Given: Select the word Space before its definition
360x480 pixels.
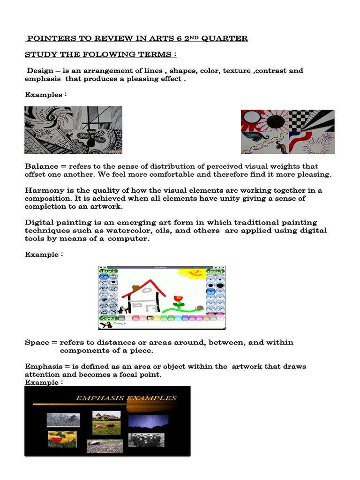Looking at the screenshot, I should point(37,343).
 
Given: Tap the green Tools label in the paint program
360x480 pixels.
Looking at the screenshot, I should point(108,271).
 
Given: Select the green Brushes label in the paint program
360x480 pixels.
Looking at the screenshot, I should point(216,271).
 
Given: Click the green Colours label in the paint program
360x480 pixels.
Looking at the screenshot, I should point(108,318).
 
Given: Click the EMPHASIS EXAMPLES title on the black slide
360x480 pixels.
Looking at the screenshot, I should point(127,398).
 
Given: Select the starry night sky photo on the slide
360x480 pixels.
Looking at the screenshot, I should point(148,420).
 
